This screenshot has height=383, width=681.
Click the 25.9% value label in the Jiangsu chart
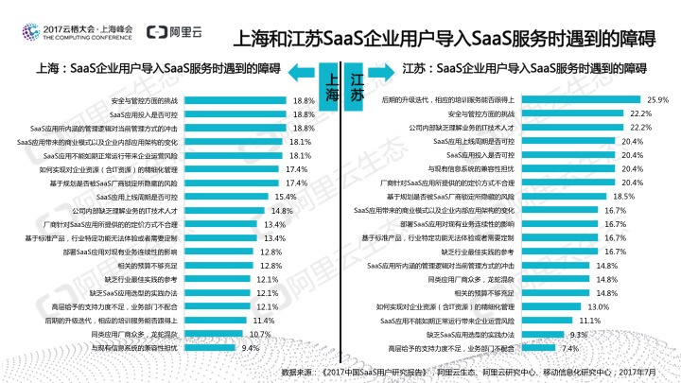pos(658,99)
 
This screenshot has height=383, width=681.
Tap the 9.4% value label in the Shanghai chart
pos(251,348)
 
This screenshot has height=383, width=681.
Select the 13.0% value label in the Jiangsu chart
pos(598,306)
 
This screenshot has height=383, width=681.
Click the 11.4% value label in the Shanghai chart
pos(264,321)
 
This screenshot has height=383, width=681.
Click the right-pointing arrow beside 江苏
pos(379,69)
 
